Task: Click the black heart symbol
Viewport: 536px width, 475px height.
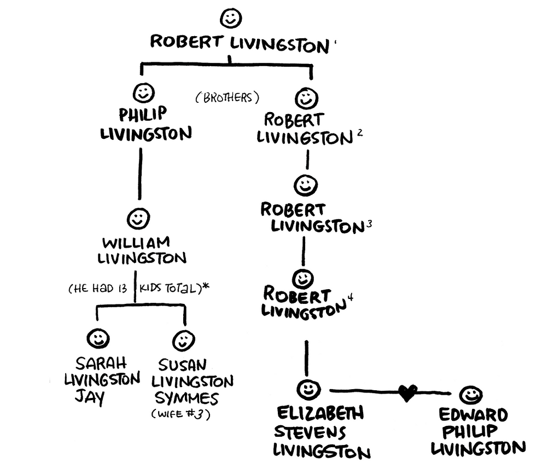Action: [407, 392]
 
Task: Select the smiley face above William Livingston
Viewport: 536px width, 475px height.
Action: [137, 219]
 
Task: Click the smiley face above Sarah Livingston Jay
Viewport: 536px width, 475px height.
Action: [98, 339]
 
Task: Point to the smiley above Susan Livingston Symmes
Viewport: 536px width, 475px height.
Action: [183, 341]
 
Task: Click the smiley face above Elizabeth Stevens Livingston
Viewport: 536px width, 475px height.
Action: [308, 390]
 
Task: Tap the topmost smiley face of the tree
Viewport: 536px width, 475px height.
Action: [230, 18]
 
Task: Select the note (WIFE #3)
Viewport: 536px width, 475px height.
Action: [181, 414]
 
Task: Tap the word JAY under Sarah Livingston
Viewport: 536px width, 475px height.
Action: [90, 396]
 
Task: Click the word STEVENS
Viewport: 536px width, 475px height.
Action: [310, 432]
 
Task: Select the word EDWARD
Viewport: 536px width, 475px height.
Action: [474, 415]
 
